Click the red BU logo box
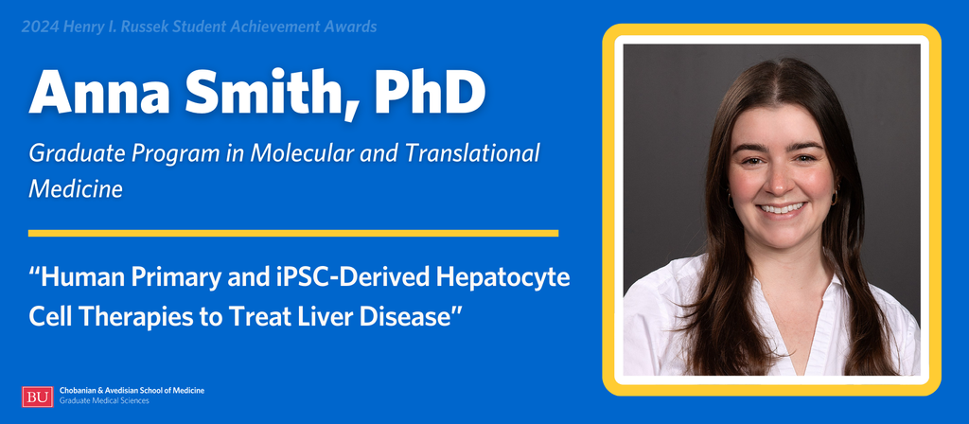38,397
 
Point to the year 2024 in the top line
38,27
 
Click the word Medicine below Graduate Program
76,189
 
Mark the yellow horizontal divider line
293,233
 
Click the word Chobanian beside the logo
78,391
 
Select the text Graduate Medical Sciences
104,401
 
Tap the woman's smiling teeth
782,208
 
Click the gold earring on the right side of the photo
835,197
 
